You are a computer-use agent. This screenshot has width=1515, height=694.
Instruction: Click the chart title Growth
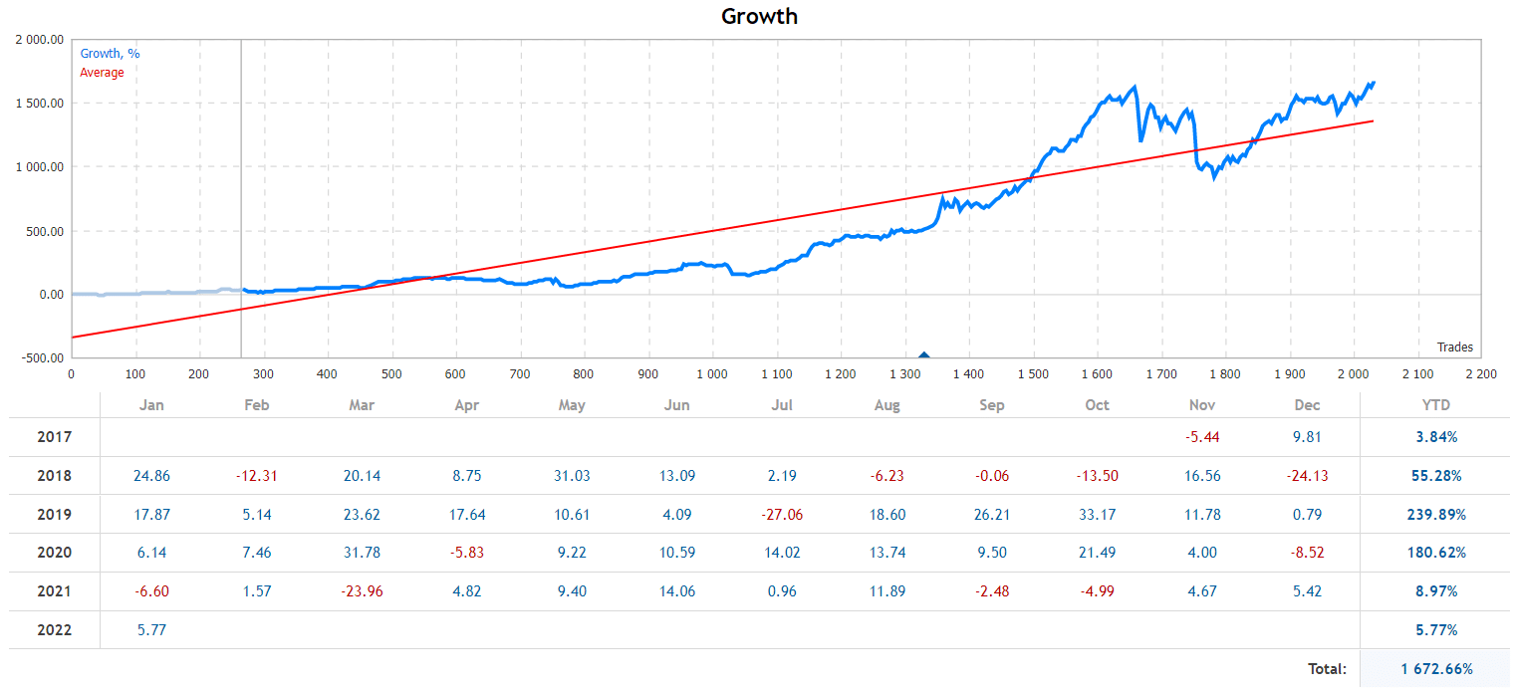[759, 16]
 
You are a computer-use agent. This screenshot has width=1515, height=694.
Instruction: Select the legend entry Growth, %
[110, 54]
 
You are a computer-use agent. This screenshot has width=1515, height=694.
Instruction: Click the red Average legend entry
[102, 73]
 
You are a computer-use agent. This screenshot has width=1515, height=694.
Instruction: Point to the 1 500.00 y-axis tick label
[40, 104]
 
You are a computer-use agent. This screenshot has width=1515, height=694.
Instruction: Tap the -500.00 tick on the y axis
[40, 358]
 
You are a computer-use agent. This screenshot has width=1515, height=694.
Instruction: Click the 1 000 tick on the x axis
[711, 374]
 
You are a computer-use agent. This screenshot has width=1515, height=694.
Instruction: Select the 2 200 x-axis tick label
[1480, 374]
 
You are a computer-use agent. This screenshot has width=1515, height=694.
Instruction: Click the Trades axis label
[1454, 347]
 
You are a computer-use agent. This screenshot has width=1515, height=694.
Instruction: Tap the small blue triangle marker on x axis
[923, 354]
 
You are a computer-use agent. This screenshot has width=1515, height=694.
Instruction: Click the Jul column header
[782, 405]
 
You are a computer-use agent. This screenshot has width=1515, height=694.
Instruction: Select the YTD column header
[1435, 405]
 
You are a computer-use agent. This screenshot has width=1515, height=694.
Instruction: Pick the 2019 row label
[54, 515]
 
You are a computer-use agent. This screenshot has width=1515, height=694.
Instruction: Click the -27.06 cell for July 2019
[782, 515]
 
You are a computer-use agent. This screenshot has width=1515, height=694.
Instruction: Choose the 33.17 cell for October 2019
[1097, 515]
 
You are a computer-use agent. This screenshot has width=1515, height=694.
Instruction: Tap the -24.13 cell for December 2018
[1307, 476]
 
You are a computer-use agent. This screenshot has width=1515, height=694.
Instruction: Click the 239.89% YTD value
[1435, 515]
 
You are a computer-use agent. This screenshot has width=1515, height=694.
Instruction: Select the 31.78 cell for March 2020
[362, 553]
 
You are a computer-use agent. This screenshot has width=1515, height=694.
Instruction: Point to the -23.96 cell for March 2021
[362, 591]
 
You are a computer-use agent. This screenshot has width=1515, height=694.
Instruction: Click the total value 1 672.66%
[1436, 669]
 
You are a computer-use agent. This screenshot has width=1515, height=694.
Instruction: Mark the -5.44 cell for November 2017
[1202, 437]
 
